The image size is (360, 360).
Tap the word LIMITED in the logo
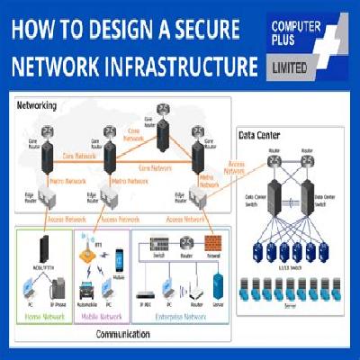tap(289, 66)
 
